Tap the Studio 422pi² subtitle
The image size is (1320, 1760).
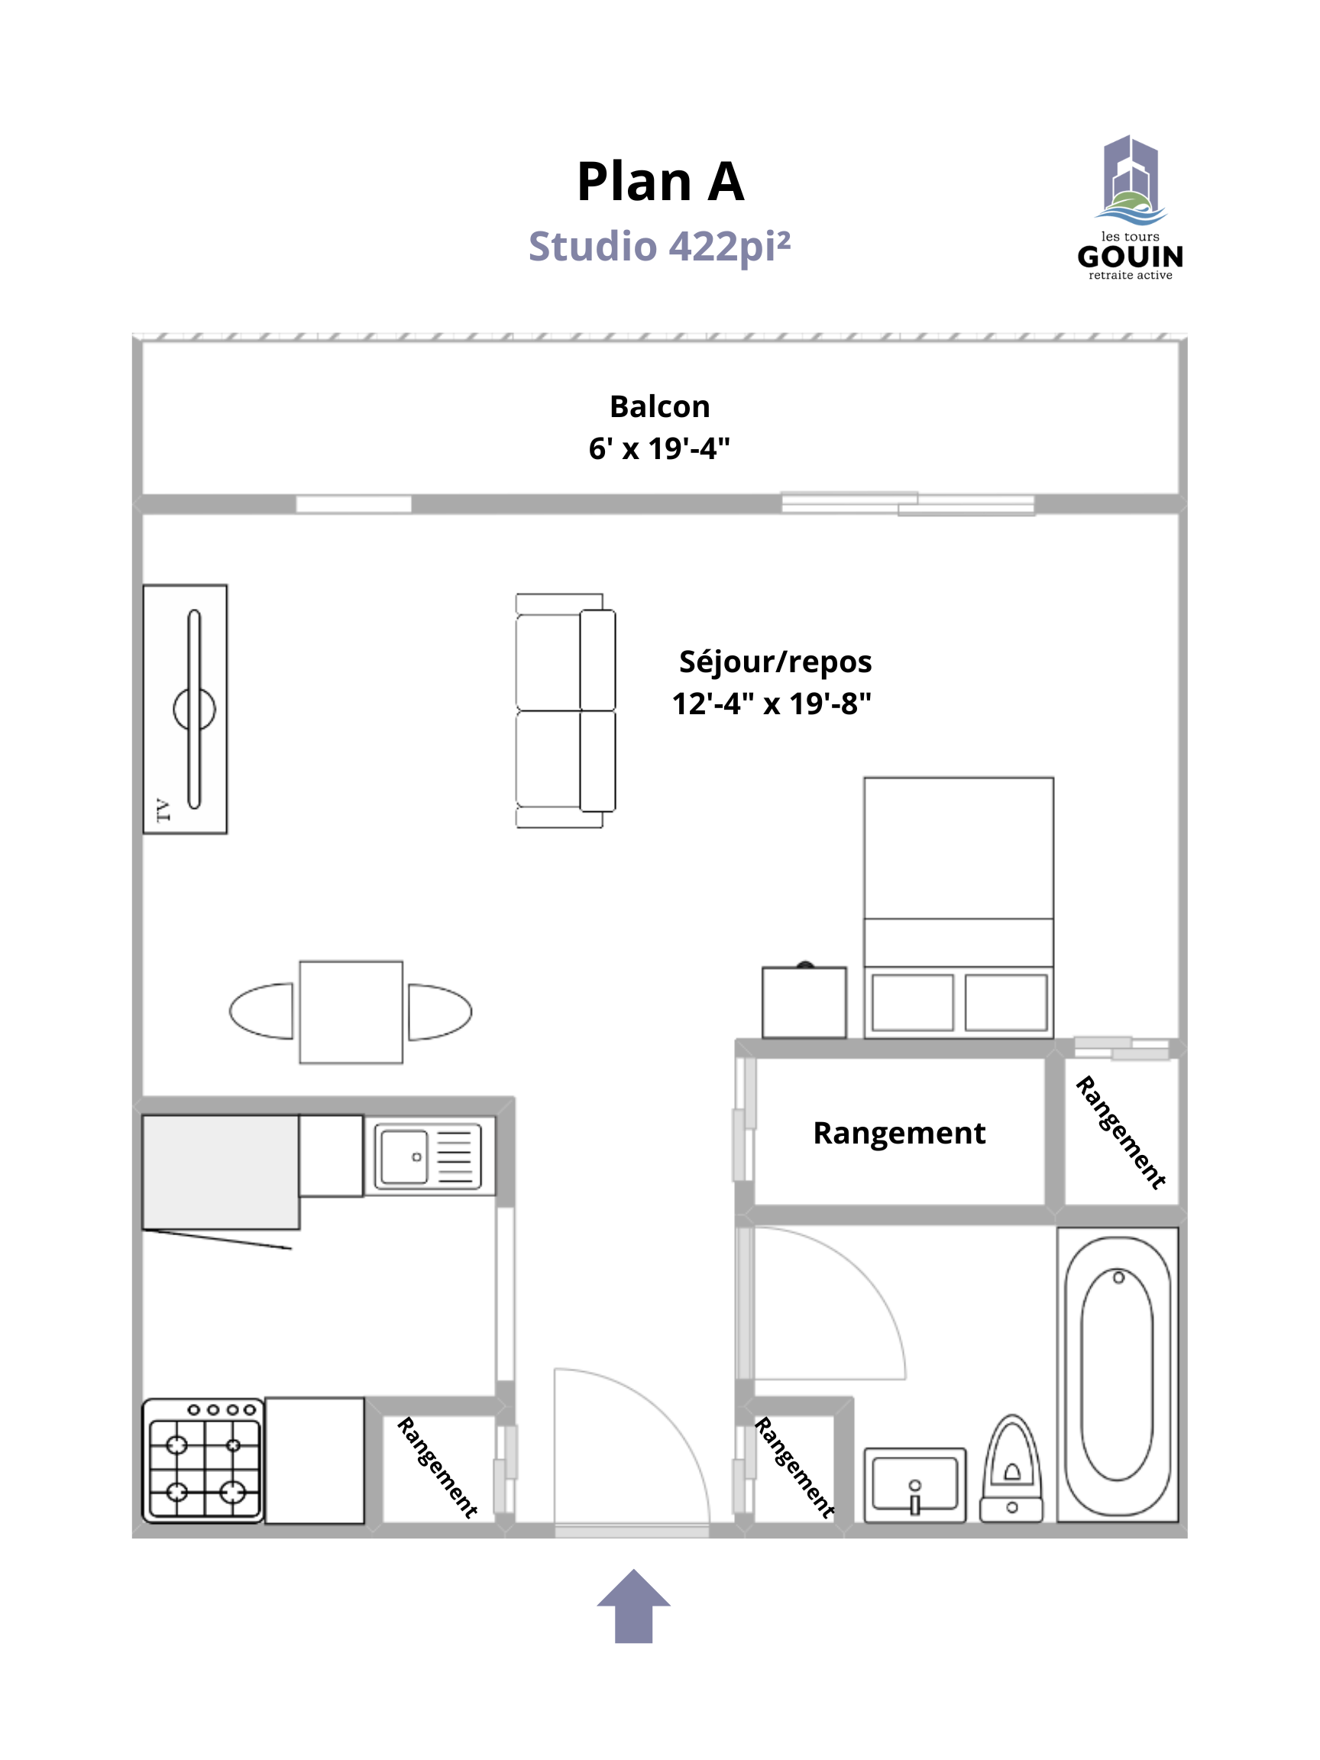pyautogui.click(x=659, y=247)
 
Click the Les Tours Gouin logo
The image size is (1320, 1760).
pyautogui.click(x=1131, y=209)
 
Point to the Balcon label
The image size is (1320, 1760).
pyautogui.click(x=659, y=406)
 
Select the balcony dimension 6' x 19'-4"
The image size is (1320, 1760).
pyautogui.click(x=659, y=448)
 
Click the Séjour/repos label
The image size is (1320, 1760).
pyautogui.click(x=775, y=662)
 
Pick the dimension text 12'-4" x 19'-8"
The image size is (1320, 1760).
pyautogui.click(x=772, y=704)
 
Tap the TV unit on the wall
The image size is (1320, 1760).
pyautogui.click(x=186, y=710)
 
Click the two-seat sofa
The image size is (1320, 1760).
pyautogui.click(x=565, y=710)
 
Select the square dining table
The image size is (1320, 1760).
pyautogui.click(x=351, y=1012)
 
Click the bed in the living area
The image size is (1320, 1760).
pyautogui.click(x=959, y=907)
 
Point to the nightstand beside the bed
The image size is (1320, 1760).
pyautogui.click(x=804, y=1001)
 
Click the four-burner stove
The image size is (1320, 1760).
pyautogui.click(x=203, y=1461)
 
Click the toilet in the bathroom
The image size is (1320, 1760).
pyautogui.click(x=1011, y=1469)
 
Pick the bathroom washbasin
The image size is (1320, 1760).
pyautogui.click(x=915, y=1486)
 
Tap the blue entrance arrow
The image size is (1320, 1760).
pyautogui.click(x=633, y=1606)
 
